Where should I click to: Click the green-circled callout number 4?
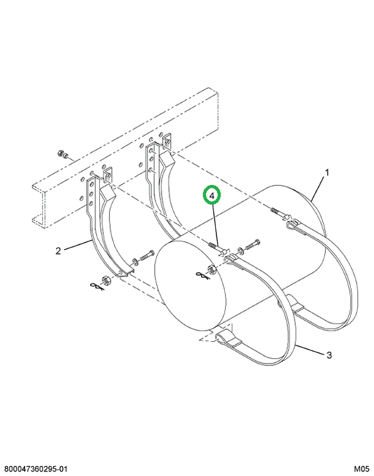click(212, 196)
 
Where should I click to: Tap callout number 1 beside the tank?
click(327, 173)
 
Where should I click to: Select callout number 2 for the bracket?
click(58, 251)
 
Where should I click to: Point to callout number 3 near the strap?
click(329, 354)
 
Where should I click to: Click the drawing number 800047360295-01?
click(34, 469)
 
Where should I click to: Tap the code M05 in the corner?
click(361, 469)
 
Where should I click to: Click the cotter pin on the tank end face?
click(201, 275)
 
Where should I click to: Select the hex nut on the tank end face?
click(211, 268)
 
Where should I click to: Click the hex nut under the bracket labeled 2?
click(106, 279)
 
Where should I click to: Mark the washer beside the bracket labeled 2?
click(134, 261)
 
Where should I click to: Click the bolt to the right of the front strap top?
click(252, 245)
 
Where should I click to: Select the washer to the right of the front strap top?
click(240, 251)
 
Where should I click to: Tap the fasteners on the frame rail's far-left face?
click(62, 154)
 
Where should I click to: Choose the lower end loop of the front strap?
click(221, 337)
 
